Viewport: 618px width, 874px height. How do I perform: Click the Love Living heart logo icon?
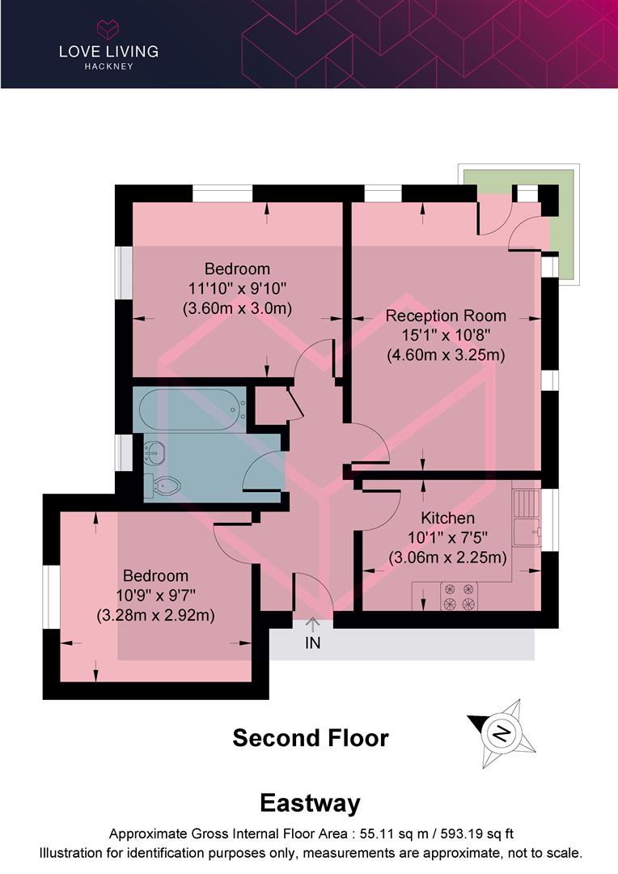(x=108, y=30)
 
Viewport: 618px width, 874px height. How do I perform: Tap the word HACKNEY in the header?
(x=108, y=66)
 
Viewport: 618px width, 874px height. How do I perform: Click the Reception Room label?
(x=446, y=316)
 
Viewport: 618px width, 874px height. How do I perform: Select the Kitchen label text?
(x=447, y=518)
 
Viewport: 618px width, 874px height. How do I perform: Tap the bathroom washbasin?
(x=154, y=453)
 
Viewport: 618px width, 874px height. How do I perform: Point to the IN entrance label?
(x=313, y=644)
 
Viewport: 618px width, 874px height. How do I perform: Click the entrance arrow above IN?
(x=313, y=624)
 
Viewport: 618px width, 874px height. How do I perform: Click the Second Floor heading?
(x=311, y=738)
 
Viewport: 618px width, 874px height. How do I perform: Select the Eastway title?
(x=310, y=804)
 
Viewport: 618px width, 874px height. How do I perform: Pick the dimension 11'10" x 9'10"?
(x=237, y=288)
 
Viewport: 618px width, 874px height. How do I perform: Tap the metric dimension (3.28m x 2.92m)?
(x=155, y=615)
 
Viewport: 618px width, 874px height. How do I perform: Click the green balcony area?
(x=561, y=243)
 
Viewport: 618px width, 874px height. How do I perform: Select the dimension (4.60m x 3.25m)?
(x=446, y=354)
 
